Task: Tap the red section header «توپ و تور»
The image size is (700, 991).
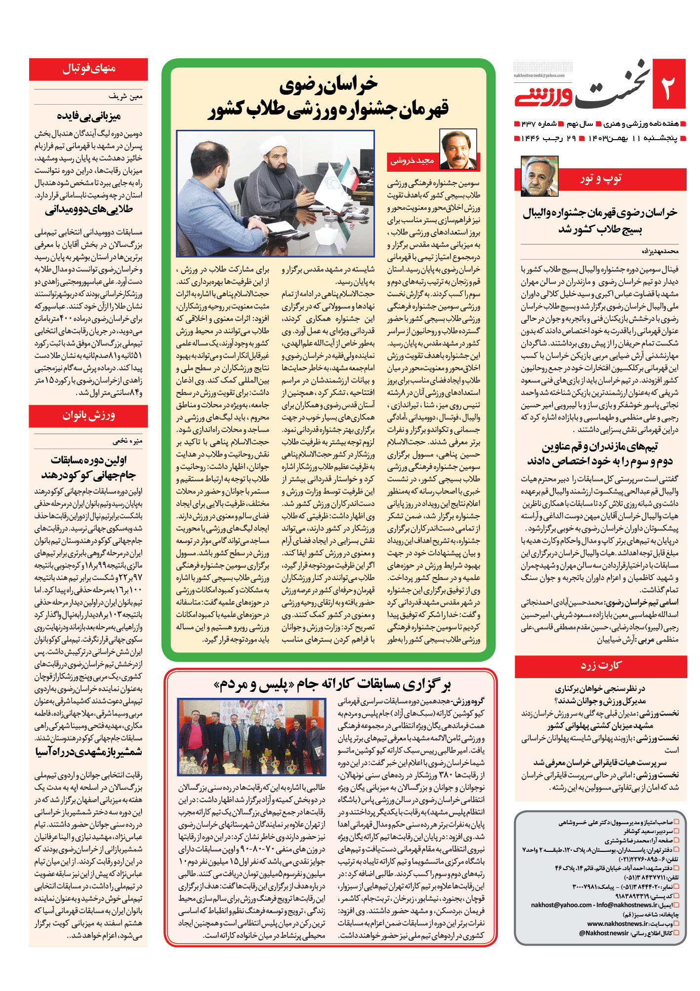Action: tap(601, 179)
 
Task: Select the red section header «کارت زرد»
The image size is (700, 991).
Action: tap(600, 666)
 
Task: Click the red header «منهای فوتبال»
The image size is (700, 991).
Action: tap(88, 69)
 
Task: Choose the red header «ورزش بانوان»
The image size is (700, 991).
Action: tap(88, 416)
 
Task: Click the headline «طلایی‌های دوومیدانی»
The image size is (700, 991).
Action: tap(89, 210)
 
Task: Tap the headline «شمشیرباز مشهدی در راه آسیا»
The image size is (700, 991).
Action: tap(89, 752)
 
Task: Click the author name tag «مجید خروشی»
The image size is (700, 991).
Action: tap(412, 161)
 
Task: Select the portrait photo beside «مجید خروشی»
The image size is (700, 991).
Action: tap(458, 150)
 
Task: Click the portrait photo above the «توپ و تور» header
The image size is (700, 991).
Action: tap(539, 176)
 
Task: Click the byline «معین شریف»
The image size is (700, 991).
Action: tap(125, 97)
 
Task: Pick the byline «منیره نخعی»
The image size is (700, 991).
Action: tap(127, 441)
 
